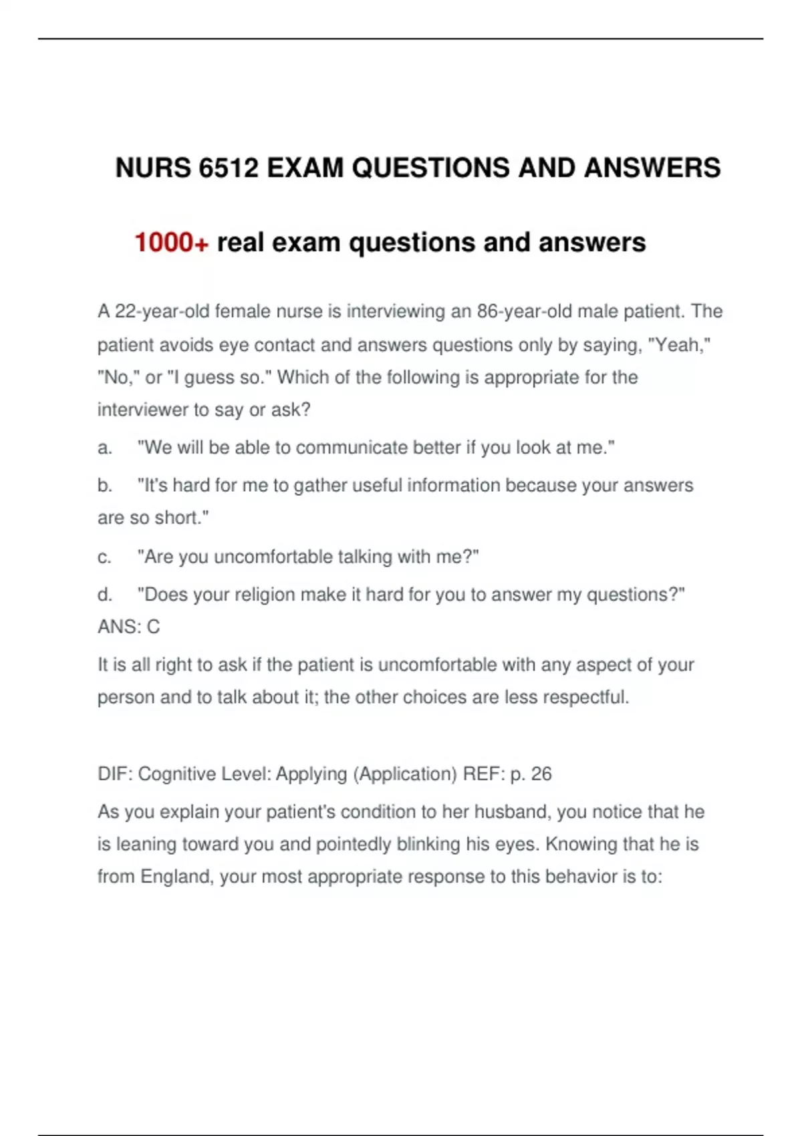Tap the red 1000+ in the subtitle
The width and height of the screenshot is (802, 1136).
172,243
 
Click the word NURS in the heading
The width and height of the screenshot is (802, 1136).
153,168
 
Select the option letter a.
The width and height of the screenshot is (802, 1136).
104,448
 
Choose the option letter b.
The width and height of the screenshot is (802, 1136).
104,485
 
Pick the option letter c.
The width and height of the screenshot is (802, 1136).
104,557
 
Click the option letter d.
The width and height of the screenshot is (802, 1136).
104,595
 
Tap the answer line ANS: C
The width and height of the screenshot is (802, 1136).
129,627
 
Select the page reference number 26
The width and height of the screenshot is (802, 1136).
541,774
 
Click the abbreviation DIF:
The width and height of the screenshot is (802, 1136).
115,774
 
